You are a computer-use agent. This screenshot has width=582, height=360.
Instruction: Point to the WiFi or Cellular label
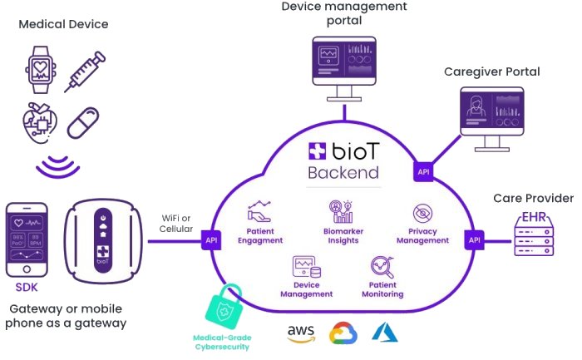pos(177,223)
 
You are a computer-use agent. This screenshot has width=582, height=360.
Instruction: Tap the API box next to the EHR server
pos(474,239)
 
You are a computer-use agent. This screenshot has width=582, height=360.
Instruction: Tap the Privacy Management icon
pos(422,215)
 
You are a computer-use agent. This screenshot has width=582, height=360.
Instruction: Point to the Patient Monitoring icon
pos(382,268)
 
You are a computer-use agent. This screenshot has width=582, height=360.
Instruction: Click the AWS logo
pos(301,333)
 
